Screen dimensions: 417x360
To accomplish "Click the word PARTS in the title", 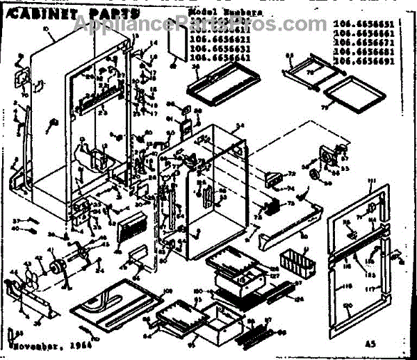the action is pyautogui.click(x=104, y=13).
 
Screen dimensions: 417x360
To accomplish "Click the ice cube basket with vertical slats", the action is pyautogui.click(x=296, y=263).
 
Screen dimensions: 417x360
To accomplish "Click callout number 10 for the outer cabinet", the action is pyautogui.click(x=45, y=29).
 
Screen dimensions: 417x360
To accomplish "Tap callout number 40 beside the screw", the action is pyautogui.click(x=15, y=229).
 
